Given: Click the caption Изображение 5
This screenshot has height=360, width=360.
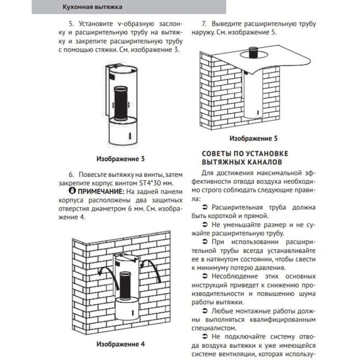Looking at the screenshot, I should [x=253, y=138].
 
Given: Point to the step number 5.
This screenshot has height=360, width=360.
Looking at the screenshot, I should [x=71, y=24].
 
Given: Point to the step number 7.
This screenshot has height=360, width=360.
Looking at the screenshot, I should [x=204, y=24].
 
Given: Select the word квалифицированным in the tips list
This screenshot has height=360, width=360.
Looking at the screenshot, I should [x=282, y=320].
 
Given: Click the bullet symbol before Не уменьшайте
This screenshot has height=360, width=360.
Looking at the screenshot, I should [x=206, y=225].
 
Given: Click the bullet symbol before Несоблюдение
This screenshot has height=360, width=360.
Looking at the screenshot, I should [x=206, y=276].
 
